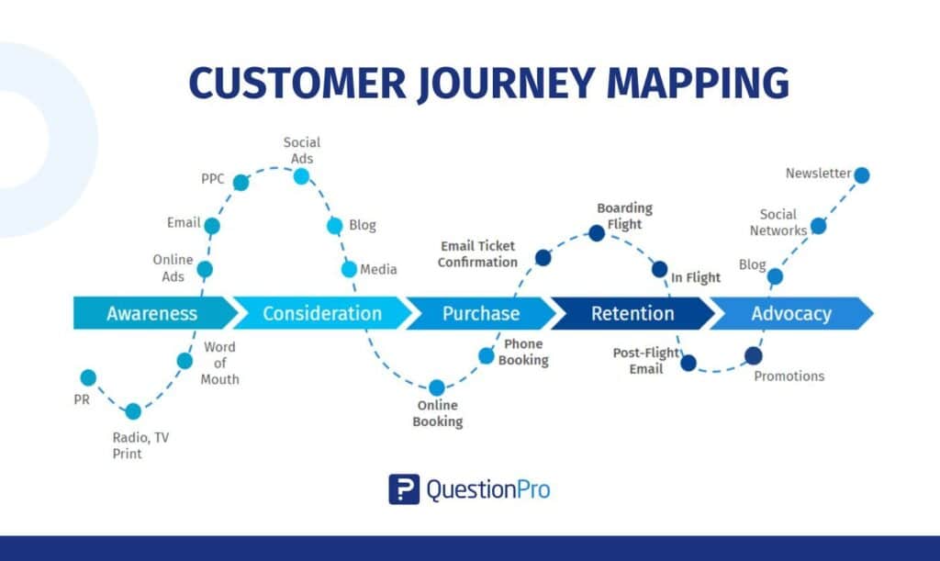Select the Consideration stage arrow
coord(321,313)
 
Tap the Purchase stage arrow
coord(480,313)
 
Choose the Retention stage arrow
coord(632,313)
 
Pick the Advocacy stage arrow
coord(790,313)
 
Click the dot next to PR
coord(88,377)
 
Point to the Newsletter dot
coord(861,175)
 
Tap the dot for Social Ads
coord(301,176)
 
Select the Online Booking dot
coord(437,387)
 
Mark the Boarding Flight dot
coord(597,233)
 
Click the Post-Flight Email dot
coord(688,363)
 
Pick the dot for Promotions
coord(754,355)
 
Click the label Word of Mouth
coord(219,363)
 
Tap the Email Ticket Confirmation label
coord(477,254)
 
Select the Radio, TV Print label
coord(140,445)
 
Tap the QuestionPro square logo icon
coord(404,488)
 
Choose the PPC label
coord(213,178)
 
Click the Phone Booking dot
coord(487,355)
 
